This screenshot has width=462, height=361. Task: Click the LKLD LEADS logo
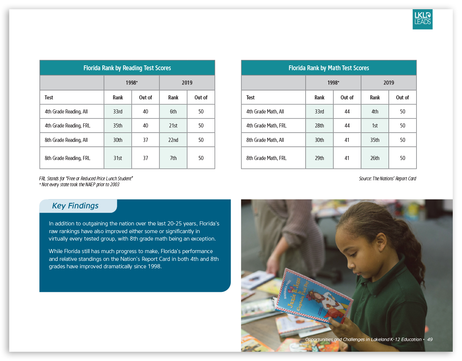tap(422, 19)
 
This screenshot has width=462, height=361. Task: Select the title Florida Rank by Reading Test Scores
tap(127, 68)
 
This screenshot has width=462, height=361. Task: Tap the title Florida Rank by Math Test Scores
tap(329, 68)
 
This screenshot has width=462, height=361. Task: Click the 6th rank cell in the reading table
tap(173, 112)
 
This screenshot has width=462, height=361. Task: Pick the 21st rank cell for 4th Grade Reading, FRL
tap(173, 126)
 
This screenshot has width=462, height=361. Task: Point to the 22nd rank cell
tap(173, 140)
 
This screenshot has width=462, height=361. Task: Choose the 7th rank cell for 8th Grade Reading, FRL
tap(173, 158)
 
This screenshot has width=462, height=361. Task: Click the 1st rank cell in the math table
tap(375, 126)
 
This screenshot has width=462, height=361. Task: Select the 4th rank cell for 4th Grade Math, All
tap(375, 112)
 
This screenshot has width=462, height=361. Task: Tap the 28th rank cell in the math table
tap(319, 126)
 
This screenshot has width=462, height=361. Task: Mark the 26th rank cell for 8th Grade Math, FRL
tap(375, 158)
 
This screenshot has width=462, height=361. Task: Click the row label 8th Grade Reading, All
tap(66, 140)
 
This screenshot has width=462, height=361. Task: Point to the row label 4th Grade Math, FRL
tap(266, 126)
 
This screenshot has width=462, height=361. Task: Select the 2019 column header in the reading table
tap(187, 83)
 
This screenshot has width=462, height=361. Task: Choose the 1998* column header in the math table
tap(333, 83)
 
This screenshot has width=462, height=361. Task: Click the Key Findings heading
tap(75, 206)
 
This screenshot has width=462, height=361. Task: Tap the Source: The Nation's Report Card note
tap(387, 179)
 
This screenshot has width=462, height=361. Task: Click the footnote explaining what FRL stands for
tap(86, 178)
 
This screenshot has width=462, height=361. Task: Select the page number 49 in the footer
tap(430, 339)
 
